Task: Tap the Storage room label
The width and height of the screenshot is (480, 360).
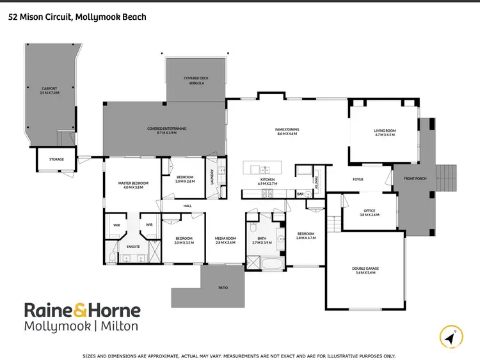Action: [x=56, y=159]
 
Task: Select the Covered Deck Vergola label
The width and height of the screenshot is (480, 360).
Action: [x=196, y=80]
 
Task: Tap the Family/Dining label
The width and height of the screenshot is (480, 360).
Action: [x=288, y=131]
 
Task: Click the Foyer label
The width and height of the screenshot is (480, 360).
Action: [x=358, y=179]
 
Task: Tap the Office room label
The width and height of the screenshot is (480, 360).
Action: [x=369, y=212]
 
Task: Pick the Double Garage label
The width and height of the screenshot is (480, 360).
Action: [x=365, y=270]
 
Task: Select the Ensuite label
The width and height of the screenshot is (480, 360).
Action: [x=133, y=246]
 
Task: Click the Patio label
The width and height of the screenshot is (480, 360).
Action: [x=223, y=288]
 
